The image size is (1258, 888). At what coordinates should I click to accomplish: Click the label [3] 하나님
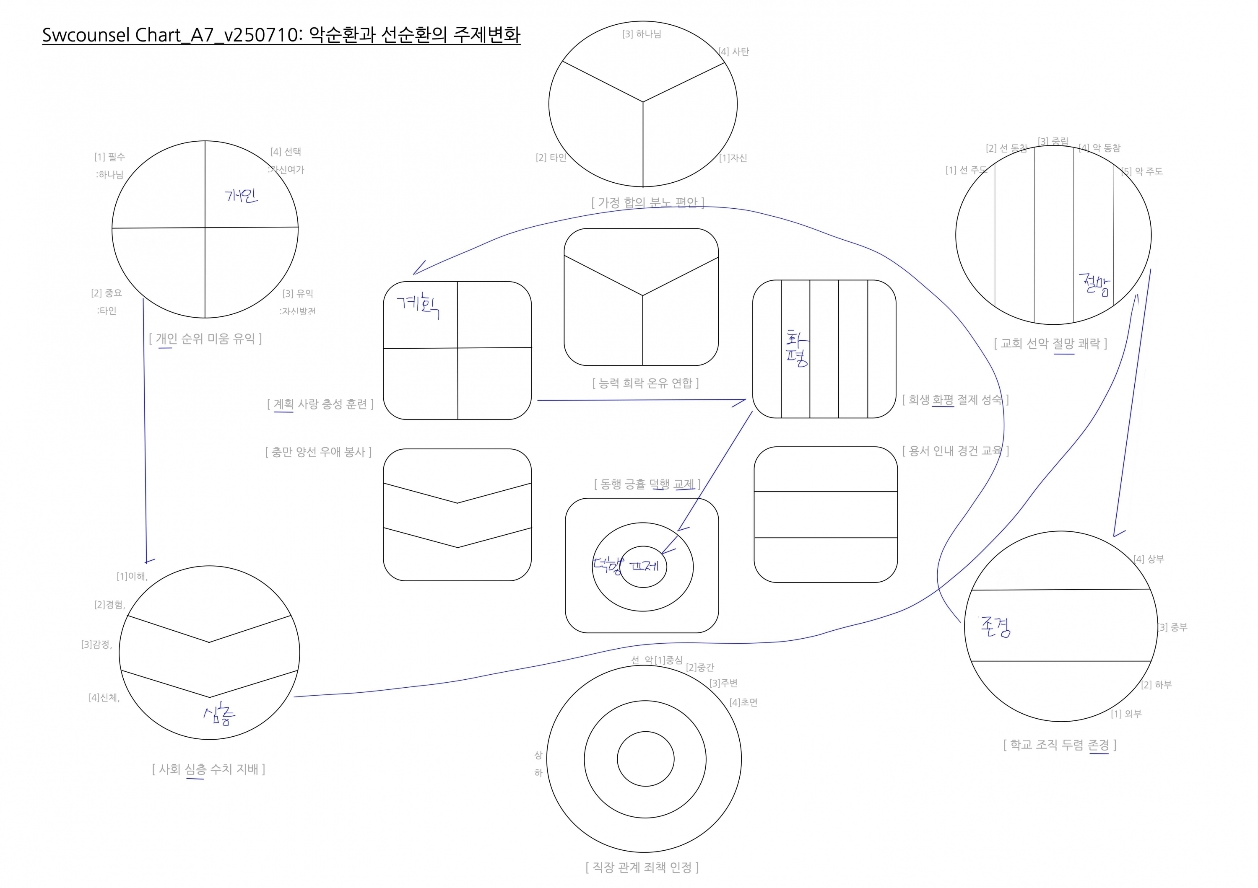[642, 34]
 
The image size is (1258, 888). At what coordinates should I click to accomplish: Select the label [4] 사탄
[734, 52]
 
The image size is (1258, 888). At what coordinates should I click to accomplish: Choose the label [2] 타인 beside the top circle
[551, 158]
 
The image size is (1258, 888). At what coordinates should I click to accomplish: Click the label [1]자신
[733, 158]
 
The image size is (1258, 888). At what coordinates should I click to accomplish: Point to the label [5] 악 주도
[1142, 171]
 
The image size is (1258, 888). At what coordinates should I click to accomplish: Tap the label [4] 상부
[1149, 559]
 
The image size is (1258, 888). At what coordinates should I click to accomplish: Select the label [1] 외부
[1126, 714]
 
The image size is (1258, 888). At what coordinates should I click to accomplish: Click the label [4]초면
[743, 702]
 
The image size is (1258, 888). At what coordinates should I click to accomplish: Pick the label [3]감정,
[97, 645]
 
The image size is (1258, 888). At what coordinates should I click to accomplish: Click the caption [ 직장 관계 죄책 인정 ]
[642, 867]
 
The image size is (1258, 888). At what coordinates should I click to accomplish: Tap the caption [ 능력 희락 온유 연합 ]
[645, 383]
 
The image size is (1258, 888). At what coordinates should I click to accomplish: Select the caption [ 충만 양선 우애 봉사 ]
[318, 452]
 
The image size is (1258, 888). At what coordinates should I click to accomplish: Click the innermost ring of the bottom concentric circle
[645, 759]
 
